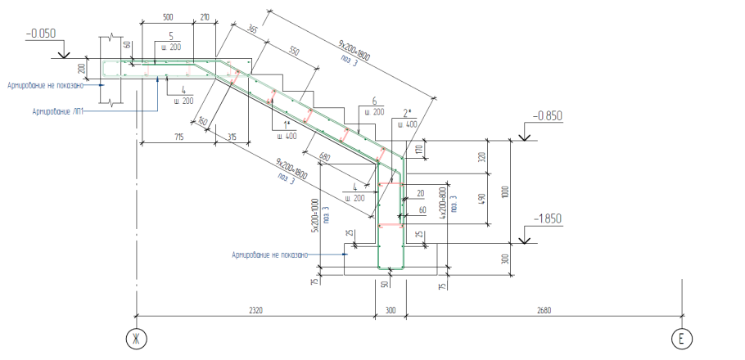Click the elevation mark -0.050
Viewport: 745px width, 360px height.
pyautogui.click(x=41, y=34)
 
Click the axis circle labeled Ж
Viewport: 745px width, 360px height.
pyautogui.click(x=134, y=338)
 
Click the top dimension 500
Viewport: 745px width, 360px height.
pyautogui.click(x=168, y=16)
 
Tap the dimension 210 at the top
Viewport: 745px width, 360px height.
pyautogui.click(x=204, y=16)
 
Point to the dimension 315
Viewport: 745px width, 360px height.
pyautogui.click(x=233, y=137)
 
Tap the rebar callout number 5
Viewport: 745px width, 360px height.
pyautogui.click(x=170, y=36)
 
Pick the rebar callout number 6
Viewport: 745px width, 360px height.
pyautogui.click(x=374, y=101)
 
